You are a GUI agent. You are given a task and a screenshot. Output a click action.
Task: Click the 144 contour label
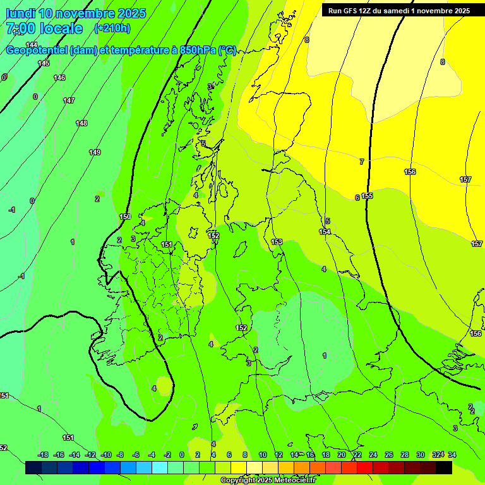pos(32,44)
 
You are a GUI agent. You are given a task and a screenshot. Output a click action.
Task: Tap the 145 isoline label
pos(44,63)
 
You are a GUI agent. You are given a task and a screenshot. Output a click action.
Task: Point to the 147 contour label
pos(69,100)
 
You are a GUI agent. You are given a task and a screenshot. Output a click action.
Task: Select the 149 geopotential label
pos(95,152)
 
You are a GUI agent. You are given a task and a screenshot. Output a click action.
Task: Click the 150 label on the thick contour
pos(125,217)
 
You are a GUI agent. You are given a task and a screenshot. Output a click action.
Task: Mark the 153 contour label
pos(277,242)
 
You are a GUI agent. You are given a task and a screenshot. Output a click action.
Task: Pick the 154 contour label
pos(325,232)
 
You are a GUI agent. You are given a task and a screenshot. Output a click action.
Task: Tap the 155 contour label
pos(367,196)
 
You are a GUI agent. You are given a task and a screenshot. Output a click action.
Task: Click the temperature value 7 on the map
pos(362,162)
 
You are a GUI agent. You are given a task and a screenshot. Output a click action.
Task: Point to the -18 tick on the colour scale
pos(43,455)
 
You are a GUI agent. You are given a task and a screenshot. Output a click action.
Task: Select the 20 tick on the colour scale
pos(341,455)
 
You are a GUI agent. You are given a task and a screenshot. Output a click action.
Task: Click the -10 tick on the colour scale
pos(106,455)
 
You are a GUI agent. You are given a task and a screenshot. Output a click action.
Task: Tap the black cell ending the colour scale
pos(443,467)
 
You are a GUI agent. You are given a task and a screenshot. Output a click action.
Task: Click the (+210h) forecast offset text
pos(112,28)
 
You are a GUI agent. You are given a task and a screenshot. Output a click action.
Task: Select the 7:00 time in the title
pos(21,28)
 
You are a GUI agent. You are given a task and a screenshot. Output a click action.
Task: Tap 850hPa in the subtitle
pos(198,51)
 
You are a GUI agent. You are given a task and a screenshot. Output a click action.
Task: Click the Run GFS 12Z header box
pos(398,10)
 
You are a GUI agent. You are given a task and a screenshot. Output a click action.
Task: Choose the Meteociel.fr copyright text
pos(268,480)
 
